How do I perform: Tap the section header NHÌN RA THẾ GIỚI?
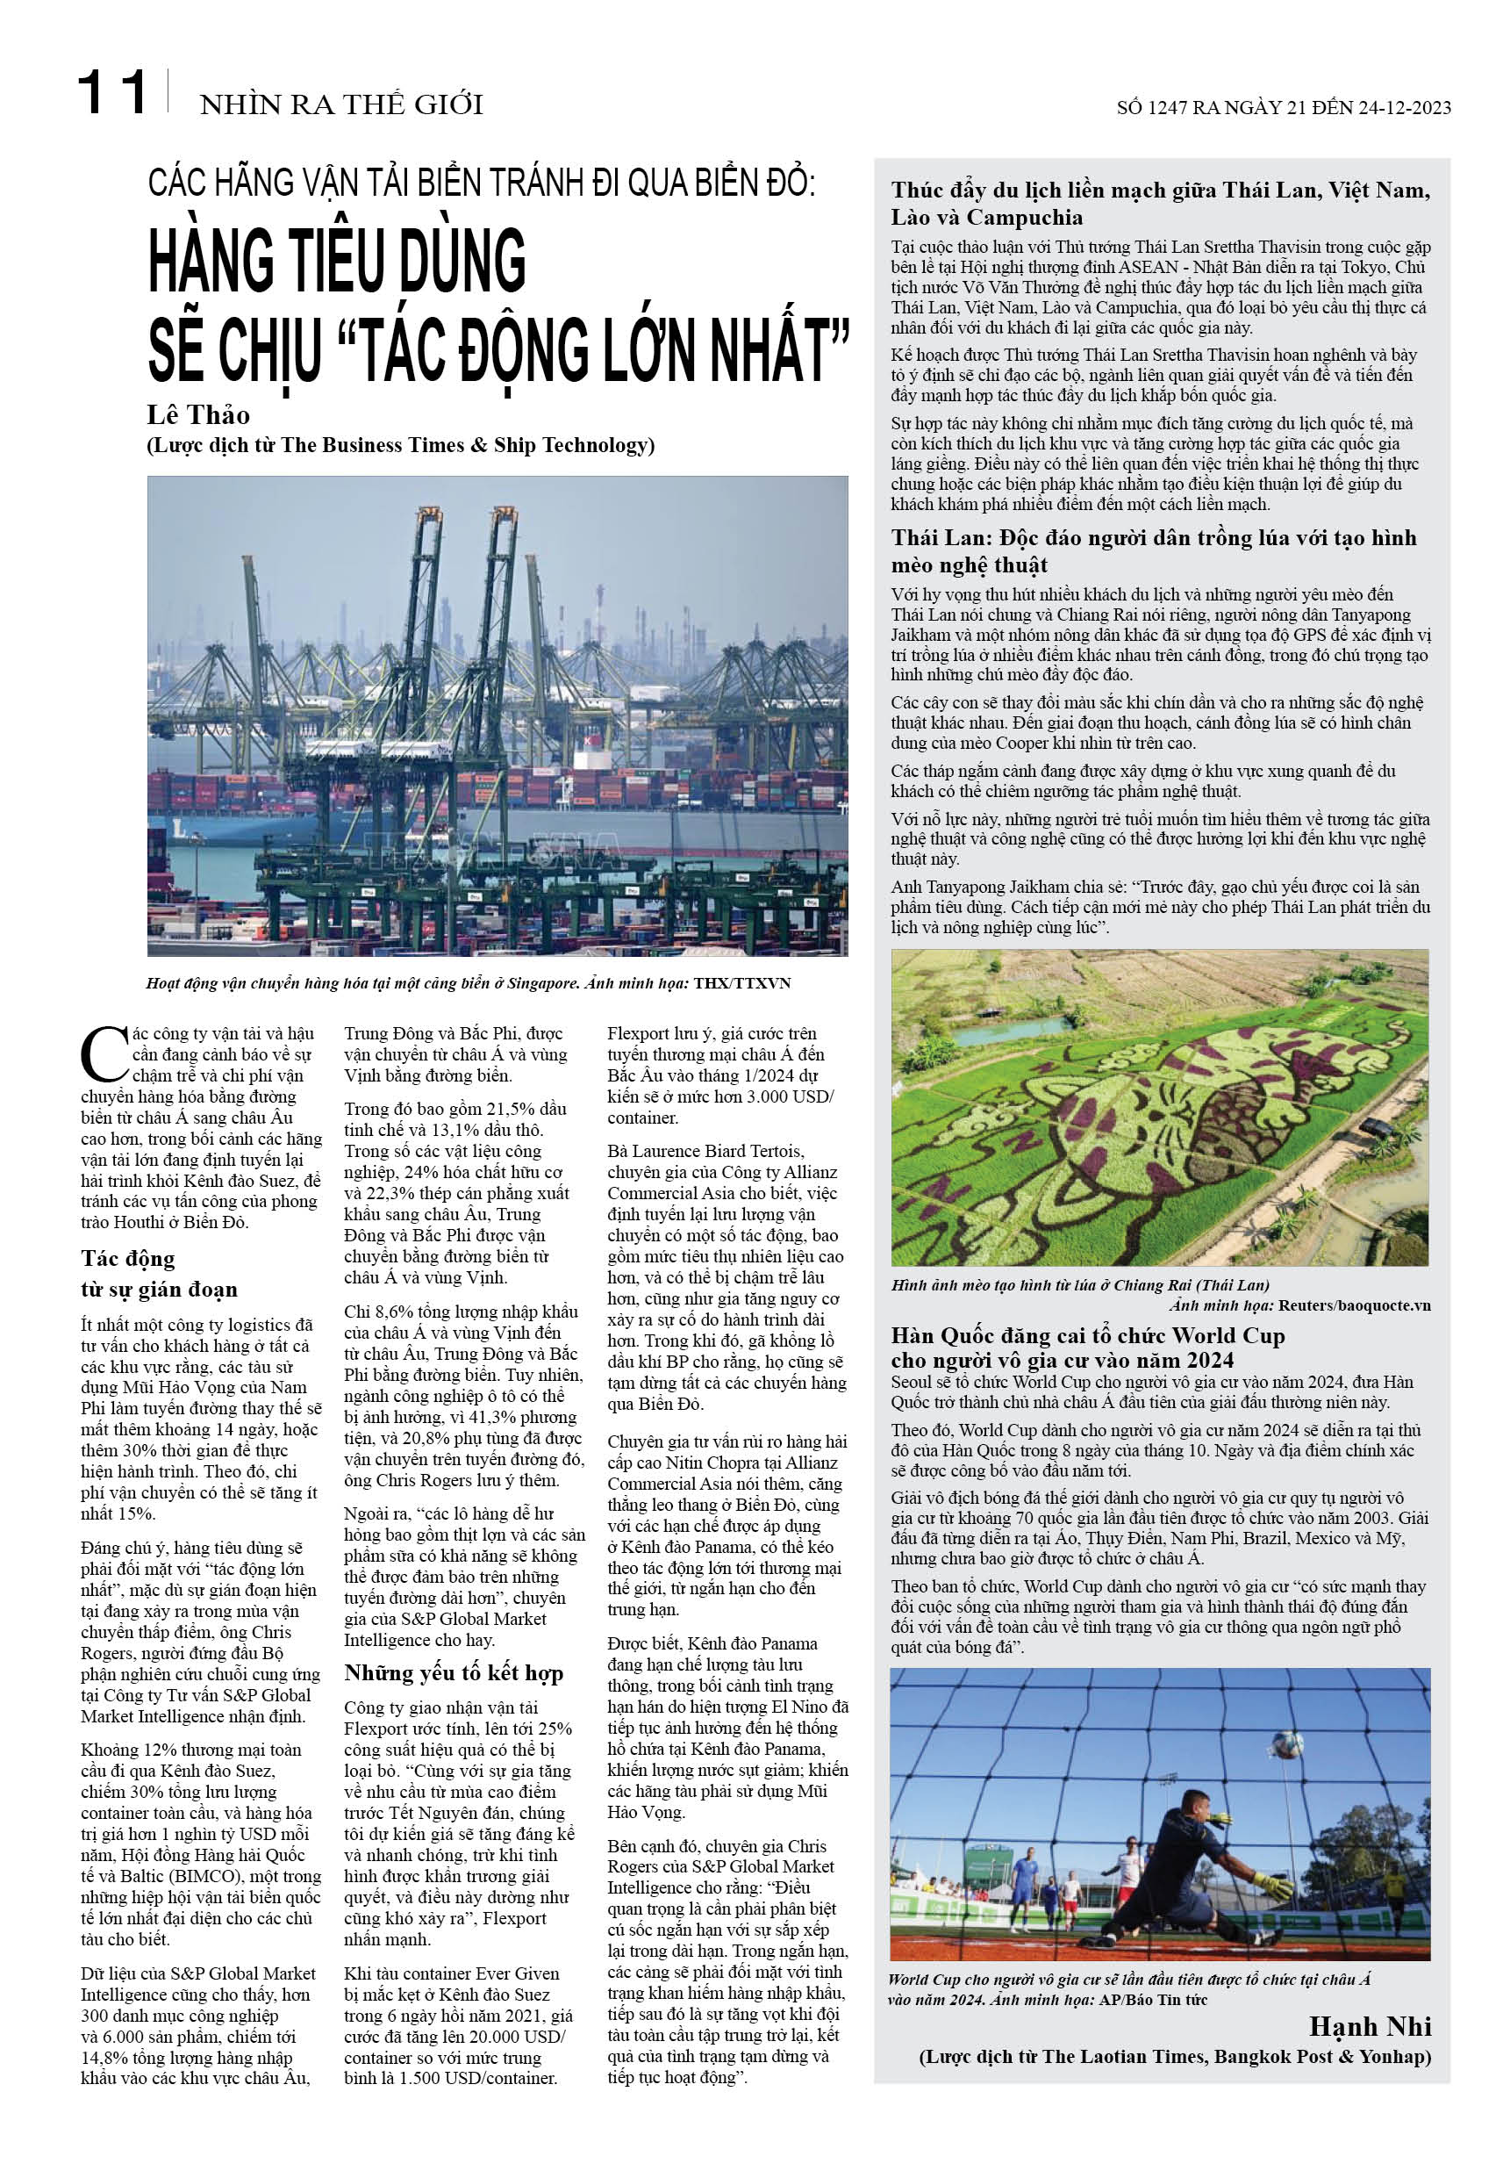pos(341,104)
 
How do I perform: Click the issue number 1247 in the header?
pos(1168,107)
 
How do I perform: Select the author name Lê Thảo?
pos(197,415)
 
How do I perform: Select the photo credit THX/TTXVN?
pos(742,983)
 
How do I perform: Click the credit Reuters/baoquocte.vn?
pos(1353,1305)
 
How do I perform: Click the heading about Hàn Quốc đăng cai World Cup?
pos(1088,1348)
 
